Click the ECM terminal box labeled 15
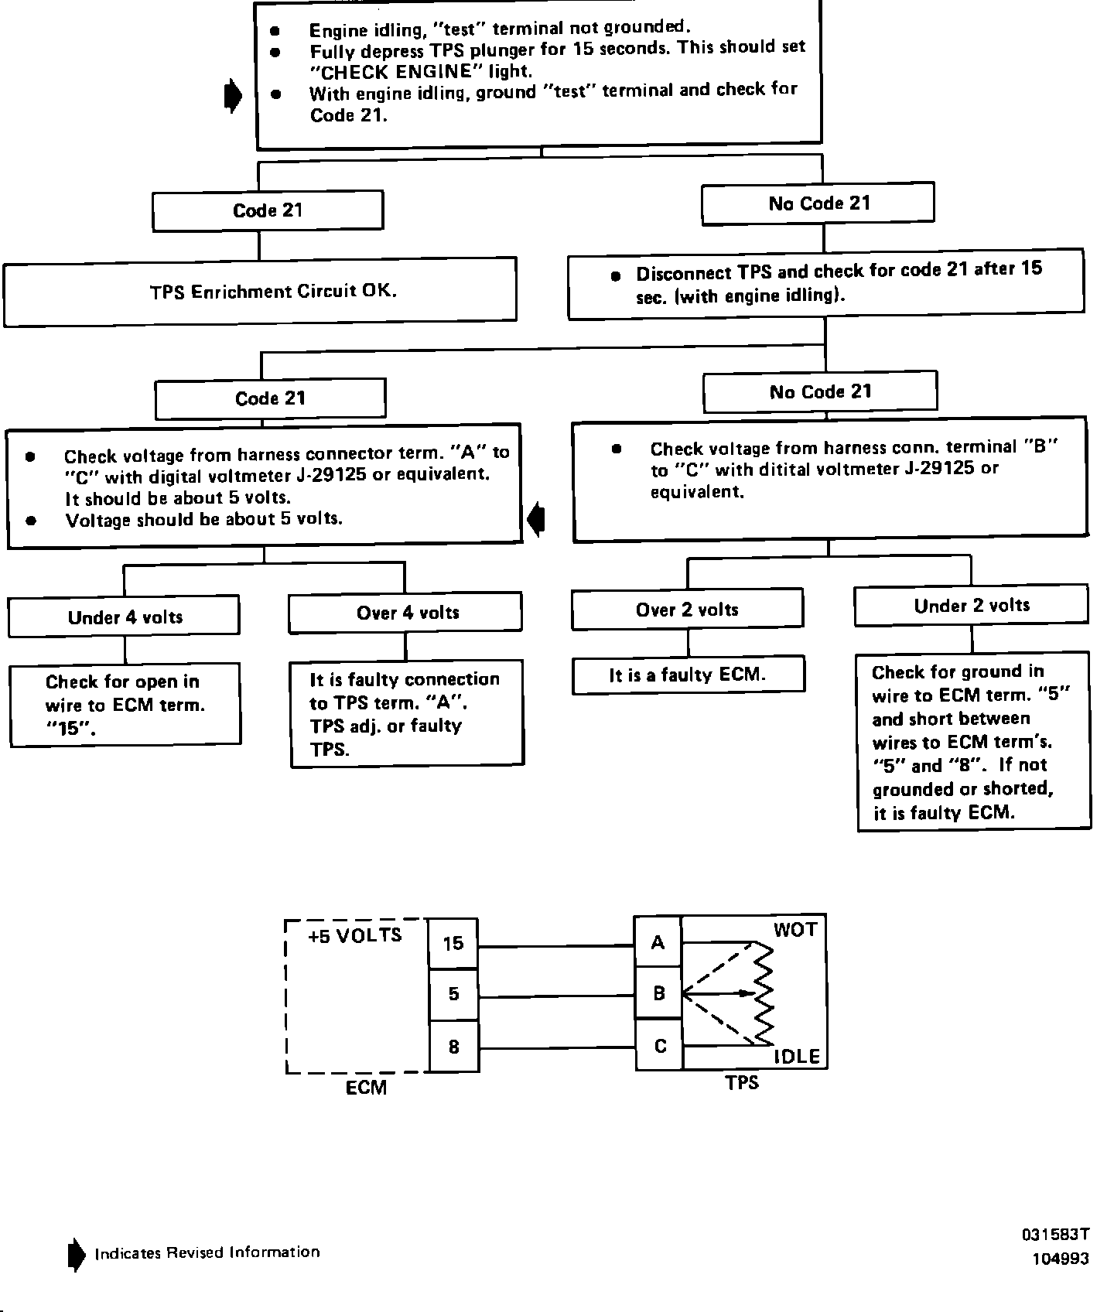point(453,943)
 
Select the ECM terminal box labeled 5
point(453,994)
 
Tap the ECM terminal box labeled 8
point(453,1047)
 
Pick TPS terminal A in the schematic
point(658,942)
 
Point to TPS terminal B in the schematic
point(658,993)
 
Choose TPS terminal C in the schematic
point(660,1046)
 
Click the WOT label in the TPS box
point(794,930)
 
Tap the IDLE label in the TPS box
point(797,1057)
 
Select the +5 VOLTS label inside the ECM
point(355,935)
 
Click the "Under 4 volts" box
point(125,617)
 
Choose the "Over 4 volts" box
point(406,613)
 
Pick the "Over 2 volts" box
point(688,610)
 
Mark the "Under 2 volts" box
point(972,606)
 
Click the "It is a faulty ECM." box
point(688,675)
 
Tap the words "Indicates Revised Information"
point(207,1252)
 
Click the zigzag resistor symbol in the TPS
point(764,993)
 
